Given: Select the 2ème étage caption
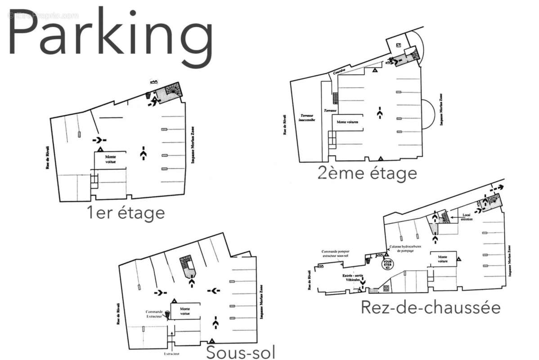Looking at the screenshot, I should coord(367,173).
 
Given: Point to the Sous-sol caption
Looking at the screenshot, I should coord(241,352).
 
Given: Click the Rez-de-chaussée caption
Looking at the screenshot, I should coord(430,308).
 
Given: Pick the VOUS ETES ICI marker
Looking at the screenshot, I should coord(386,264).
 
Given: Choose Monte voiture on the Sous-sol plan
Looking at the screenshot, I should coord(184,311).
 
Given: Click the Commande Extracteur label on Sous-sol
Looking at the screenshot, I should coord(154,314).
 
